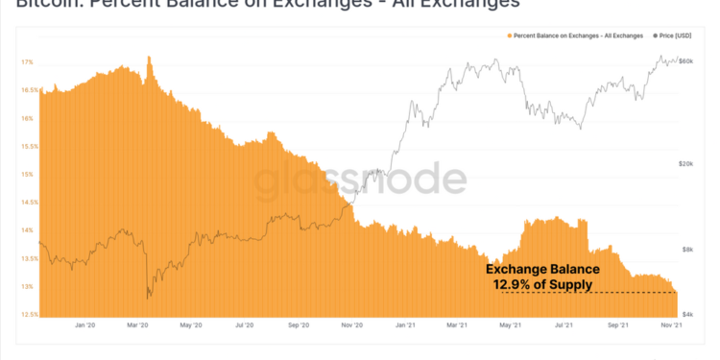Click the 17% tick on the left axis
click(x=27, y=61)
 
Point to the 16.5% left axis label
click(x=29, y=90)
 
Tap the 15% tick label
click(x=27, y=175)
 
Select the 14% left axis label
click(x=27, y=230)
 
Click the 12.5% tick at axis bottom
click(x=29, y=315)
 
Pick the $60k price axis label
click(x=685, y=61)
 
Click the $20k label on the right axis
click(x=685, y=164)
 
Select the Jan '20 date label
click(x=84, y=325)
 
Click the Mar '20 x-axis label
click(x=138, y=325)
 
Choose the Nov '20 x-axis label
click(x=350, y=325)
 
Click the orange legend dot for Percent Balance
click(x=509, y=36)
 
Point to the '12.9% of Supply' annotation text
click(x=542, y=285)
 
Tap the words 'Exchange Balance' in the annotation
click(x=542, y=270)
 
